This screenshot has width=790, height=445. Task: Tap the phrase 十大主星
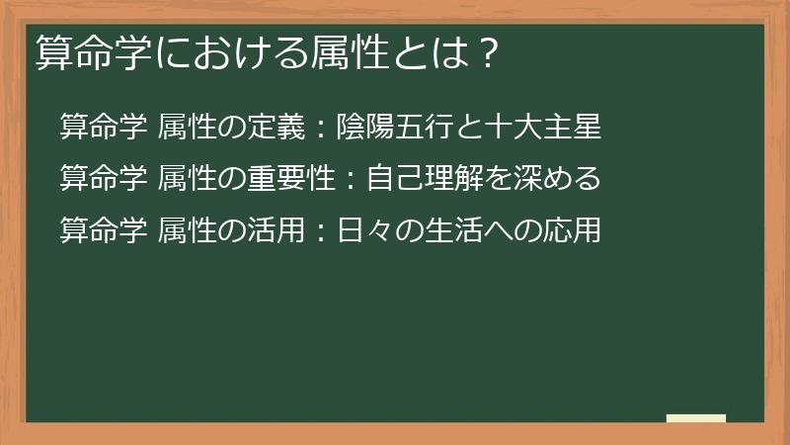[x=551, y=128]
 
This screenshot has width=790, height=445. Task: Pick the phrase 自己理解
[x=414, y=179]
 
